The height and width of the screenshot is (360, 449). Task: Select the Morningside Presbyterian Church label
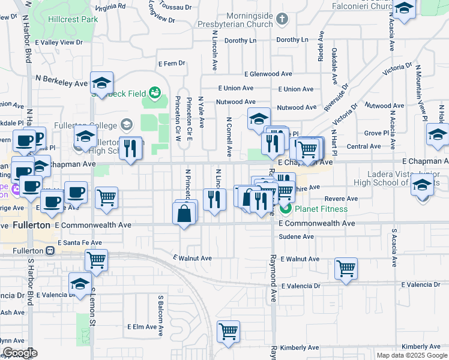click(248, 20)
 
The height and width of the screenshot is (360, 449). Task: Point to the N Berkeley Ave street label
click(61, 79)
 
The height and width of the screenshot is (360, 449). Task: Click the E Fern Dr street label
click(172, 63)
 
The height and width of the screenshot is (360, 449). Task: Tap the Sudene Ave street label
click(300, 236)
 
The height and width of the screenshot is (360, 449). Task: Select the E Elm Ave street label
click(142, 327)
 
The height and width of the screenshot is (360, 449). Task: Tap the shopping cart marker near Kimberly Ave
click(229, 331)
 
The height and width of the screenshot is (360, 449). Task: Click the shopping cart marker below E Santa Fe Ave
click(96, 260)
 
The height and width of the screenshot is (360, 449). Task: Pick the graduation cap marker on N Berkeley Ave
click(101, 82)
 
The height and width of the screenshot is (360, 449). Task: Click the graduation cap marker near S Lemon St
click(80, 284)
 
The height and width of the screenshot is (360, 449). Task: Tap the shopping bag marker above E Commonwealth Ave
click(184, 213)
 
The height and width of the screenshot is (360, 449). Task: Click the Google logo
click(20, 353)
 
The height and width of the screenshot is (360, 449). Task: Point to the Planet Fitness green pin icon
click(285, 209)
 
